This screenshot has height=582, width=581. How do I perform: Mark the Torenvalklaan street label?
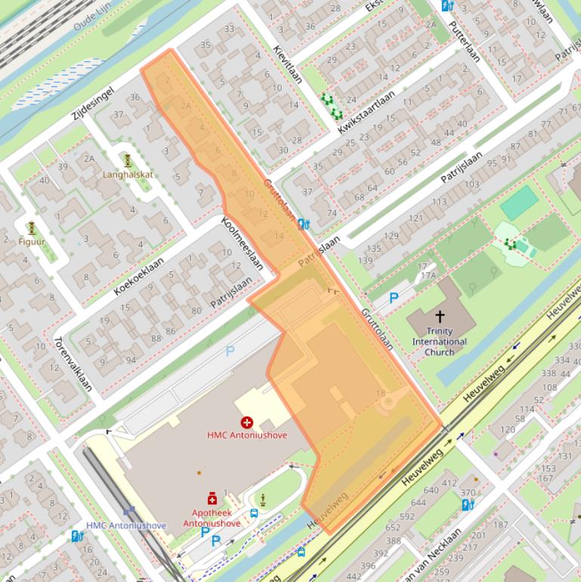(73, 364)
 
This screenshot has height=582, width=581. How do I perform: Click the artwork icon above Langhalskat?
(128, 160)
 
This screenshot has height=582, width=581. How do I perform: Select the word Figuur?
(32, 242)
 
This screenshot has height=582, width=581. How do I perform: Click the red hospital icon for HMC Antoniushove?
(246, 422)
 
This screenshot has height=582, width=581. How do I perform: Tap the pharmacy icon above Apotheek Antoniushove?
(212, 499)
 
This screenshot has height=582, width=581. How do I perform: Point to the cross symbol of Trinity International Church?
(439, 316)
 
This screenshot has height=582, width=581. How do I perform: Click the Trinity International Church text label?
(439, 342)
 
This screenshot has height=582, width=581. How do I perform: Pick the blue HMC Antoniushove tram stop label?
(125, 525)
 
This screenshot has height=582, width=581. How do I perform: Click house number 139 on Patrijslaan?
(366, 260)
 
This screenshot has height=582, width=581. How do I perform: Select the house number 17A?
(428, 276)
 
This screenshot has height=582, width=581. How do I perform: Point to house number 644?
(418, 503)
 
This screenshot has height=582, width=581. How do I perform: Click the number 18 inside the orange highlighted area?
(380, 393)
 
